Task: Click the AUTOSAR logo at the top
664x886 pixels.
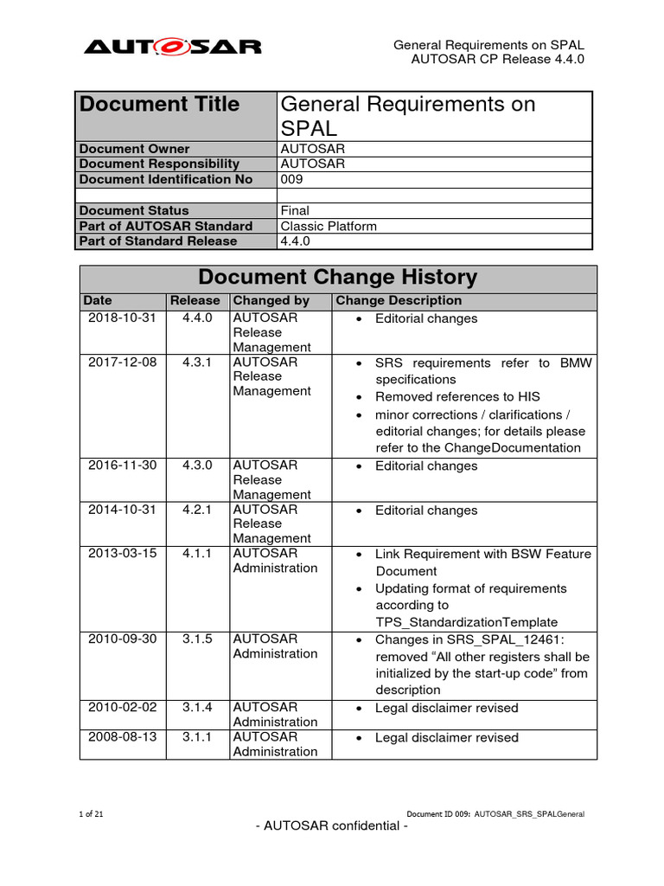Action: (x=172, y=45)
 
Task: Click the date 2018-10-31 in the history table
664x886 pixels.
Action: (x=123, y=318)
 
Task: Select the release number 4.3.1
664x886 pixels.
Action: (x=195, y=362)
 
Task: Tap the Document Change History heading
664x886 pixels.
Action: (x=337, y=278)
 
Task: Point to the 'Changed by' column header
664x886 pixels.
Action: (x=271, y=301)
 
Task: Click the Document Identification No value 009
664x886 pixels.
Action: (x=292, y=179)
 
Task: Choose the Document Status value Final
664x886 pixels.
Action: (x=295, y=210)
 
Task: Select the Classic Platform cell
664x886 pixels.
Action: (x=329, y=226)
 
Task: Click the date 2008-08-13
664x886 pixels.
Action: (x=123, y=736)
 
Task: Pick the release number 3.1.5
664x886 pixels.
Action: (x=195, y=639)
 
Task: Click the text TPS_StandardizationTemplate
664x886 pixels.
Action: (x=466, y=622)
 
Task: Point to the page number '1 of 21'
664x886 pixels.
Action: (x=92, y=813)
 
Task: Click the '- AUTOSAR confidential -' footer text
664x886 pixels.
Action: (x=332, y=825)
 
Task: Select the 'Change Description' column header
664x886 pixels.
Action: (x=399, y=301)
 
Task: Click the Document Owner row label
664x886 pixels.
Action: (x=134, y=149)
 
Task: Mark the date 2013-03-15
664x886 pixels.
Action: (x=123, y=553)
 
